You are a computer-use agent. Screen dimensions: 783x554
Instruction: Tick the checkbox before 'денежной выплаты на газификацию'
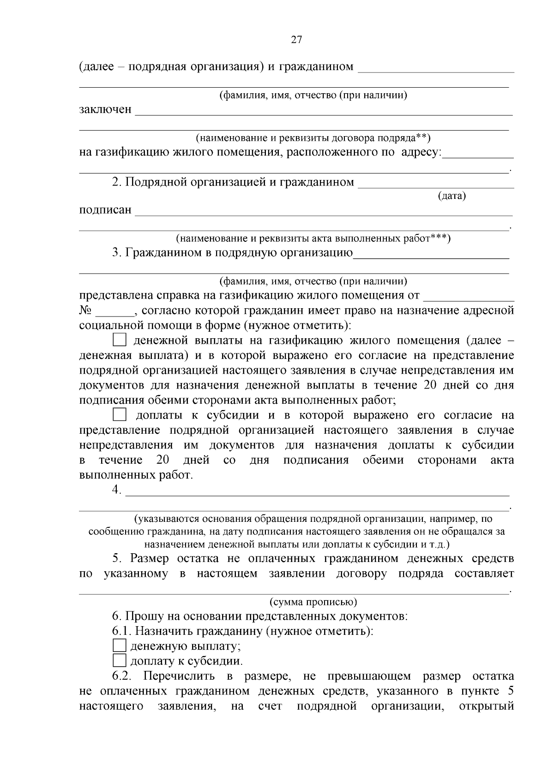click(x=120, y=341)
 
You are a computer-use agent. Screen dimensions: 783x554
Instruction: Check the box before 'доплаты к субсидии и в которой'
click(x=120, y=415)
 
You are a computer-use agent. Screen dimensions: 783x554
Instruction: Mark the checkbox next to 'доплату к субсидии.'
click(x=119, y=660)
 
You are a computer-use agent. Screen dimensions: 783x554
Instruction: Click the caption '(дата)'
click(x=452, y=196)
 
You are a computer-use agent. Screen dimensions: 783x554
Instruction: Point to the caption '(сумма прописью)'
click(x=313, y=602)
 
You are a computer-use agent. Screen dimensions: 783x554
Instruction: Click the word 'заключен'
click(x=105, y=110)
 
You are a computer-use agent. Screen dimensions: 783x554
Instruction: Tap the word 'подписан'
click(x=105, y=210)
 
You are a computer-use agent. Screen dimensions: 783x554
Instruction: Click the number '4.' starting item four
click(x=116, y=490)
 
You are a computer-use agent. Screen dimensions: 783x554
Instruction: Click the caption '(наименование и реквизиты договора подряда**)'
click(x=313, y=137)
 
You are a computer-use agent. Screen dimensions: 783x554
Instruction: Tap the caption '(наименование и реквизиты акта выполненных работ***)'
click(x=313, y=239)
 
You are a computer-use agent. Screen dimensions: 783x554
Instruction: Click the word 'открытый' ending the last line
click(x=487, y=706)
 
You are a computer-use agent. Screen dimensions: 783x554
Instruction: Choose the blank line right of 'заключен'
click(x=323, y=113)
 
